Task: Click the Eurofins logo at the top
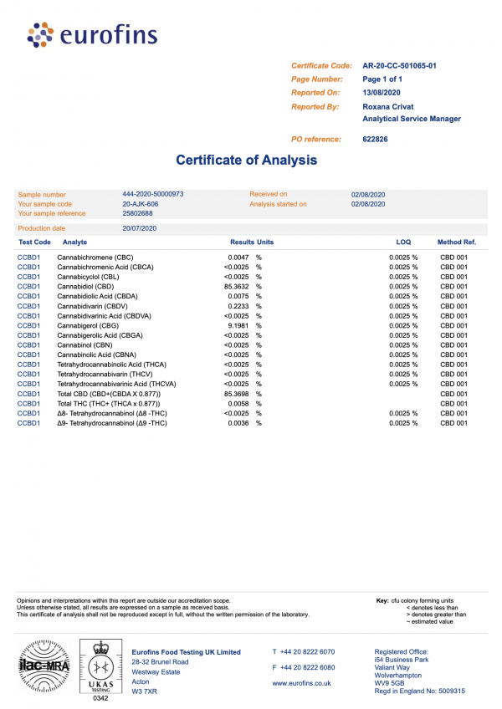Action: (92, 34)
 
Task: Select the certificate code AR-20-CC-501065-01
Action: (400, 65)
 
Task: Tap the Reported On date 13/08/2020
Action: (382, 92)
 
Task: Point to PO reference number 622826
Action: (375, 139)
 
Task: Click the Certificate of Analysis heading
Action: (247, 160)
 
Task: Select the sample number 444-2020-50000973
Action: (152, 194)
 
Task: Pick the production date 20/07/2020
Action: (140, 228)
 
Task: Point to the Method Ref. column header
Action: (457, 242)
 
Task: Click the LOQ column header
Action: (403, 242)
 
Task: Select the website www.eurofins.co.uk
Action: (302, 683)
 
